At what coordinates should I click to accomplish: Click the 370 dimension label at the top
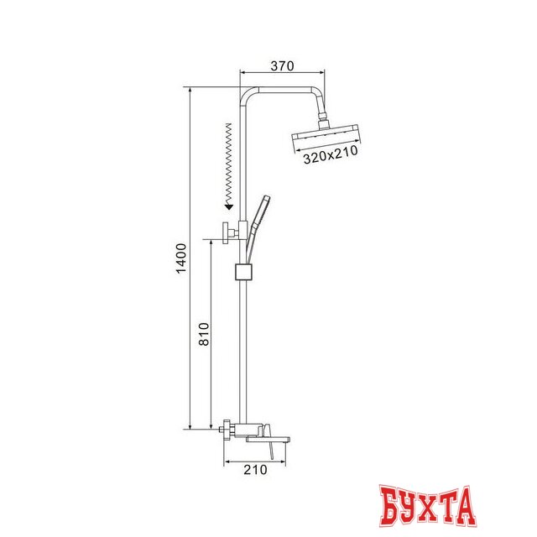click(x=282, y=65)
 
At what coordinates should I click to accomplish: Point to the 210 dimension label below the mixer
click(x=254, y=470)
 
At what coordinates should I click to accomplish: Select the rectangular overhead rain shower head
click(x=326, y=137)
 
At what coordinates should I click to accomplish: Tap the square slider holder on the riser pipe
click(x=242, y=272)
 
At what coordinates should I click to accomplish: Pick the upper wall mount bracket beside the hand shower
click(x=228, y=232)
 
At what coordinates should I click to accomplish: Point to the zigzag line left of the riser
click(x=227, y=159)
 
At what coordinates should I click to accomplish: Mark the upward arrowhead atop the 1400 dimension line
click(x=191, y=89)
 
